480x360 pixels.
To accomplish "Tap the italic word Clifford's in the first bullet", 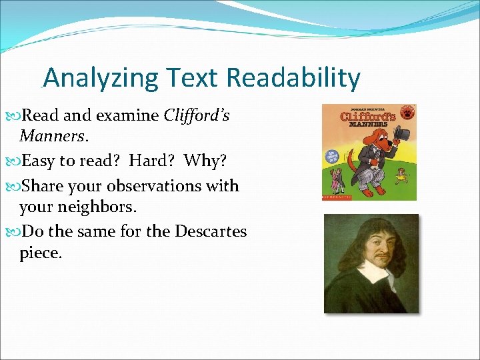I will coord(197,115).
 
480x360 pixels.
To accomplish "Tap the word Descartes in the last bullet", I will coord(211,231).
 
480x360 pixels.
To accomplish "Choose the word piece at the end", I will coord(39,253).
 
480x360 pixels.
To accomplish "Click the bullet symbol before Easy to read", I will coord(16,161).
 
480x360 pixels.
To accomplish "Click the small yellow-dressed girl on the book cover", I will coord(401,177).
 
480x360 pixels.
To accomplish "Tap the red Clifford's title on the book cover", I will coord(368,115).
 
